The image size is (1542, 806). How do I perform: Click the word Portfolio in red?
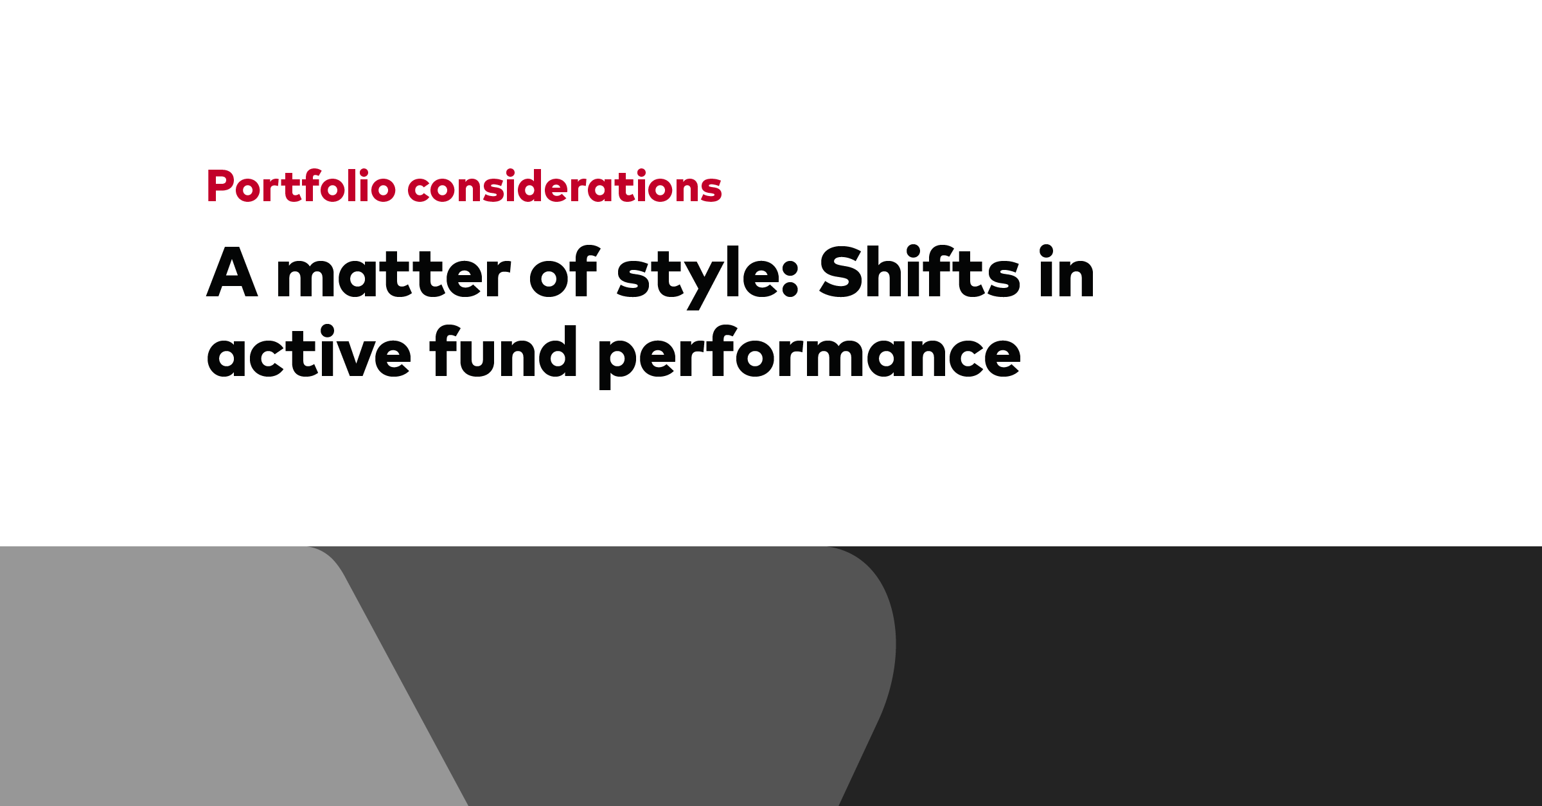(x=301, y=186)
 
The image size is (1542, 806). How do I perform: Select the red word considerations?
(x=565, y=186)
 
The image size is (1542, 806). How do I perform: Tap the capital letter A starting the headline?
(x=232, y=272)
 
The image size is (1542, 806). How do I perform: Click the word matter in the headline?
(x=393, y=275)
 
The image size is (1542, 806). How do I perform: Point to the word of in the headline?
(x=563, y=272)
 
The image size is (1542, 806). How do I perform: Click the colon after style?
(x=791, y=278)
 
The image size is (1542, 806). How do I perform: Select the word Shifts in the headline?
(x=919, y=272)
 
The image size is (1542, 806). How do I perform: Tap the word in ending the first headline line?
(x=1067, y=272)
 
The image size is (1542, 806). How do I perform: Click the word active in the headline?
(x=308, y=352)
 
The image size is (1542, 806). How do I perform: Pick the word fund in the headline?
(x=504, y=351)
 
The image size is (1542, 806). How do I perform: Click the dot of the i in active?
(x=328, y=331)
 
